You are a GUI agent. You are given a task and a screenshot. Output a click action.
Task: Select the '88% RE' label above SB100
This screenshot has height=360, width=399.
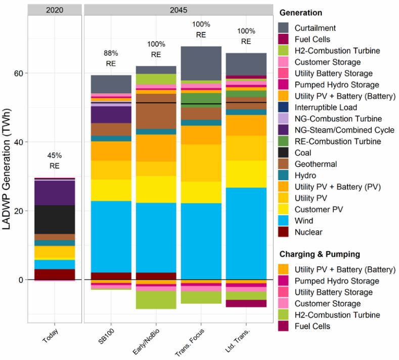coord(111,58)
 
